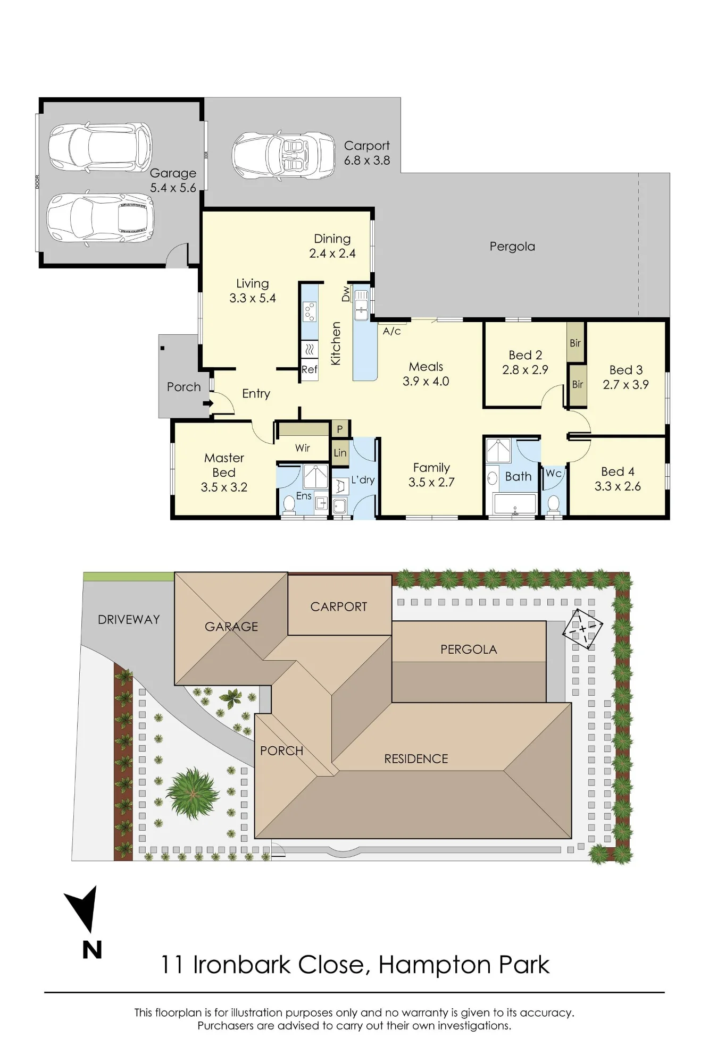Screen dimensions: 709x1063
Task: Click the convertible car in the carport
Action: [284, 155]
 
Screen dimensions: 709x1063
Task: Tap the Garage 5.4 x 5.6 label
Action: [173, 180]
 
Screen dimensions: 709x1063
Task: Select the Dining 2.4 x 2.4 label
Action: [332, 246]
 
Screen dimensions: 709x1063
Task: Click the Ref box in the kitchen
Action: [310, 369]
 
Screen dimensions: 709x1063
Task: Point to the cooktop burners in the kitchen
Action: [310, 311]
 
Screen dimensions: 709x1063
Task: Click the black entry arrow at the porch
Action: [208, 403]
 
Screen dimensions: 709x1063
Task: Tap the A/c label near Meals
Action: [392, 331]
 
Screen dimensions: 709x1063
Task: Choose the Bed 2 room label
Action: [525, 362]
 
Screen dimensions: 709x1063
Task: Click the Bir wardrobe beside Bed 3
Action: [578, 385]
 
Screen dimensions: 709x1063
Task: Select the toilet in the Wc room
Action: [554, 503]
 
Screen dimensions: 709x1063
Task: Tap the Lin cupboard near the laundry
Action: [340, 453]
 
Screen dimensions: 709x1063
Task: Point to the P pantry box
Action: [340, 429]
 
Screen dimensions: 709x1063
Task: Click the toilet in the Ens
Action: [289, 505]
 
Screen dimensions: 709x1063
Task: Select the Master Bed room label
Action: [224, 473]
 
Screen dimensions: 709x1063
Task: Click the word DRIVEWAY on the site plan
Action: [129, 620]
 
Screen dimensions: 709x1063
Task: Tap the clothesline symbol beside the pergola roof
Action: [582, 629]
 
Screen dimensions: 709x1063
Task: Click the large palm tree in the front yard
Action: [192, 794]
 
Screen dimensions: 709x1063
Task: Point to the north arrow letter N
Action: [92, 950]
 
